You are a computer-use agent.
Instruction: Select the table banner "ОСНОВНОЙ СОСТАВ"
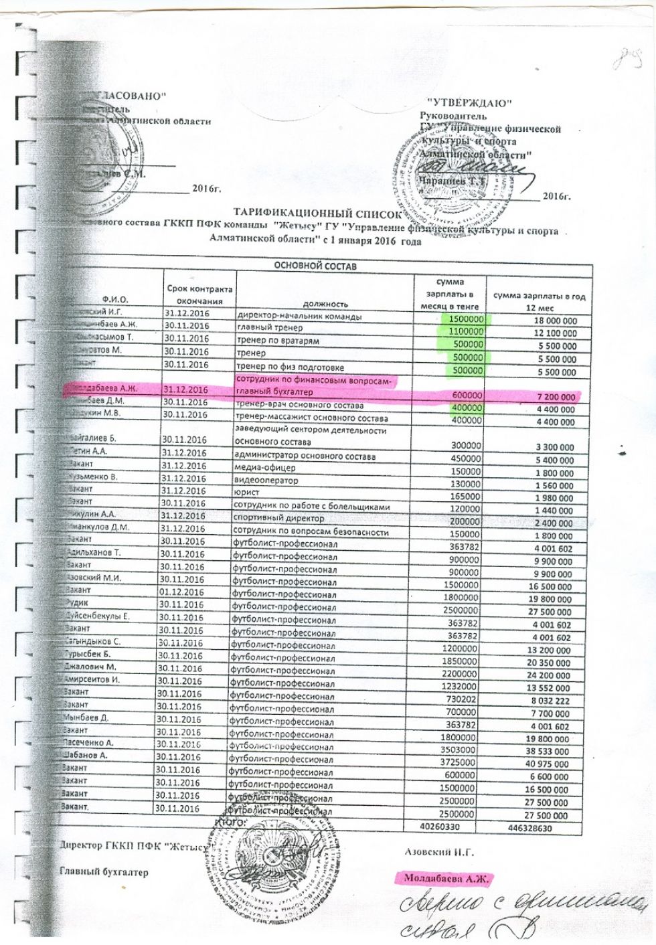click(315, 266)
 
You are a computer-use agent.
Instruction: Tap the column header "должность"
click(326, 303)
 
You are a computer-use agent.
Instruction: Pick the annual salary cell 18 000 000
click(550, 321)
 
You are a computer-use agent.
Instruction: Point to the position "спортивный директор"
click(279, 518)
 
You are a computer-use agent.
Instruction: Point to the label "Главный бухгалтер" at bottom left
click(104, 872)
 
